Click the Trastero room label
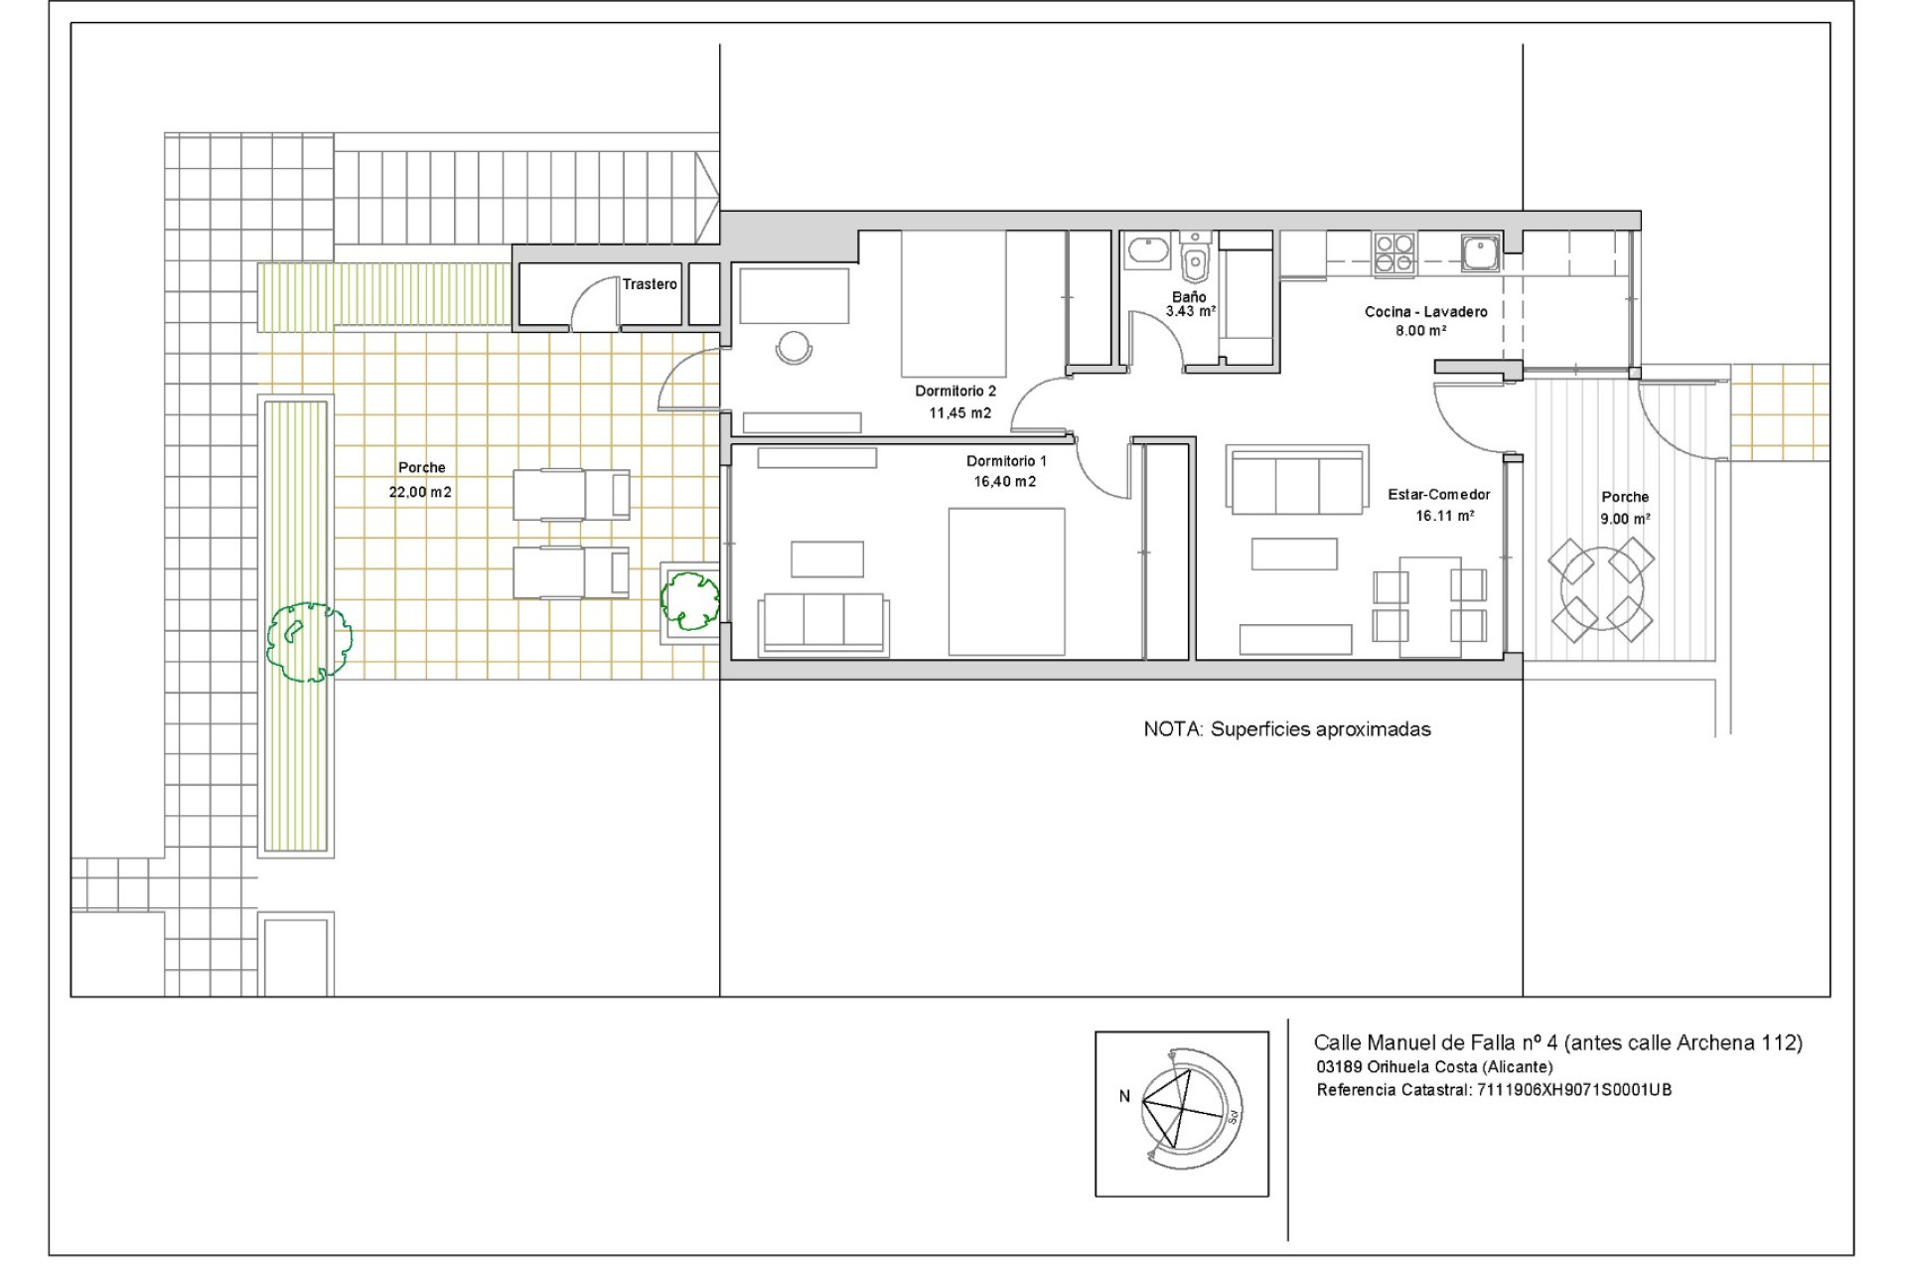tap(650, 284)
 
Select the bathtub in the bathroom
tap(1149, 252)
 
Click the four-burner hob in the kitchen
tap(1394, 252)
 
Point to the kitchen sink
tap(1480, 252)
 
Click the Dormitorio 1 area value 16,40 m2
tap(1004, 482)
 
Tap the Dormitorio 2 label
tap(954, 392)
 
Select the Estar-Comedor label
tap(1438, 495)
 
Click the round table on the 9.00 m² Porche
tap(1600, 590)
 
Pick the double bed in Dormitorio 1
tap(1006, 581)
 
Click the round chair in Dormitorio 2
tap(794, 347)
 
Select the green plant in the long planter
tap(309, 642)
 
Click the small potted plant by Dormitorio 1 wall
tap(690, 600)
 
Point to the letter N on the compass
tap(1124, 1097)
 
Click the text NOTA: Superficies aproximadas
tap(1286, 729)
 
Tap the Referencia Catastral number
tap(1573, 1090)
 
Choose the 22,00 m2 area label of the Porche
tap(420, 492)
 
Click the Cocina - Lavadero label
tap(1425, 312)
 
